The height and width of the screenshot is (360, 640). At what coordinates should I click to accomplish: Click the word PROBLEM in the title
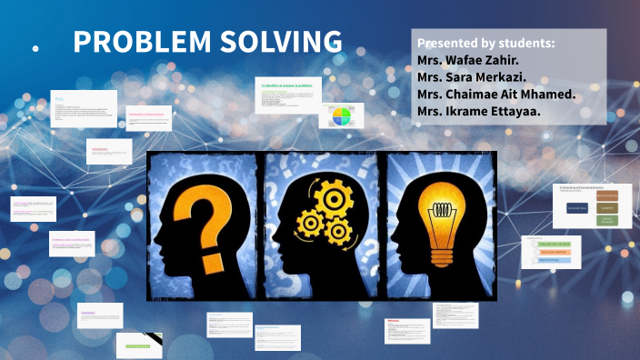[137, 42]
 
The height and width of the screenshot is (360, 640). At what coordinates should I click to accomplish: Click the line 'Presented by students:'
[485, 44]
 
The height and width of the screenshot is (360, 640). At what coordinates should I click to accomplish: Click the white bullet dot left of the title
[35, 48]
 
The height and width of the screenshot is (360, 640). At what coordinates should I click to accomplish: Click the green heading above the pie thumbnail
[287, 85]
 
